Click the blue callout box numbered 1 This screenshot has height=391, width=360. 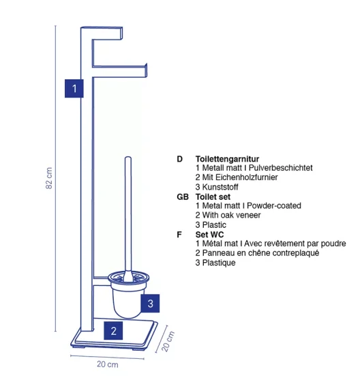click(74, 88)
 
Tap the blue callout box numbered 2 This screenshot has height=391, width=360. click(113, 331)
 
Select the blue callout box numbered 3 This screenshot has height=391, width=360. click(150, 303)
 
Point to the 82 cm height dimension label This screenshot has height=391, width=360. click(49, 178)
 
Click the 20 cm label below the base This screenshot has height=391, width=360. click(107, 364)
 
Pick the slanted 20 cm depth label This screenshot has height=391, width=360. click(168, 341)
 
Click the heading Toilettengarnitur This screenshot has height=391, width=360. click(227, 159)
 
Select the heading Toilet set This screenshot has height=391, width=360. click(213, 197)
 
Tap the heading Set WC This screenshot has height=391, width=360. click(209, 235)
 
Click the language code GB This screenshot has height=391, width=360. click(183, 197)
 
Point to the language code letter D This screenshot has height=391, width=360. click(179, 159)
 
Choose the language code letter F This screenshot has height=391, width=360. click(179, 235)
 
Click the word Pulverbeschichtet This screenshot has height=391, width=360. click(280, 168)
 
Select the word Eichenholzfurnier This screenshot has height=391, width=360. click(246, 177)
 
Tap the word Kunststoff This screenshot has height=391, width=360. click(220, 187)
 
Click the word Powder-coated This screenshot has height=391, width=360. click(274, 205)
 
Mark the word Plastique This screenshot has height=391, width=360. click(219, 263)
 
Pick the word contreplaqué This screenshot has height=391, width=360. click(296, 253)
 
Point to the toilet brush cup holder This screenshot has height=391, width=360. click(128, 295)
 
